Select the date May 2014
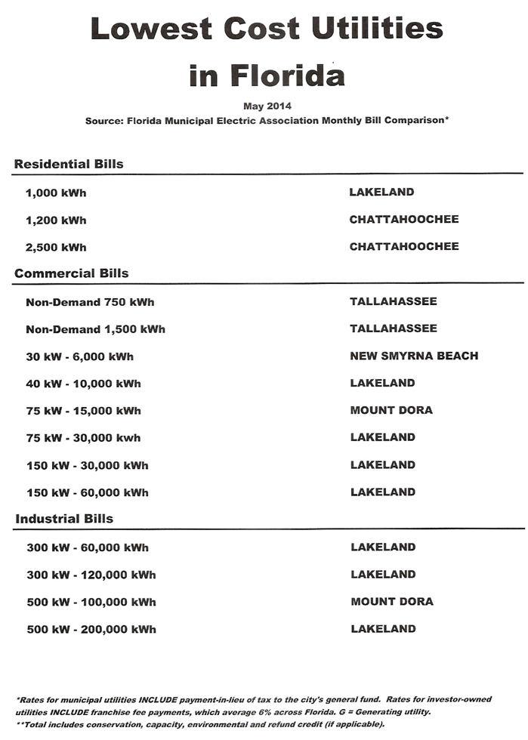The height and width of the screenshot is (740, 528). coord(267,106)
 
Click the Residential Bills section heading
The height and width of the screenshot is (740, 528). coord(69,164)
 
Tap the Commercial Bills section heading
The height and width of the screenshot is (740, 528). coord(72,273)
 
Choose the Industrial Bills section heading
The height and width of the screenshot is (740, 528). coord(64,519)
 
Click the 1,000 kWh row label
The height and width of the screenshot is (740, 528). coord(56,193)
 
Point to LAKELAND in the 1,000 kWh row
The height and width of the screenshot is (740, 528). coord(381,192)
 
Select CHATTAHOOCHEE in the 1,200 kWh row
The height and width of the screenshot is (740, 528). coord(403,220)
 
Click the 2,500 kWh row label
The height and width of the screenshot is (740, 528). coord(56,247)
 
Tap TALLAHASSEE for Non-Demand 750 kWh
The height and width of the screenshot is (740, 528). coord(393,301)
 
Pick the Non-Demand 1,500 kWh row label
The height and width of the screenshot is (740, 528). coord(95,329)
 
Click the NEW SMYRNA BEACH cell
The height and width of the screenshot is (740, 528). coord(414,356)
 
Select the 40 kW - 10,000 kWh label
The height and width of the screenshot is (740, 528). coord(83,384)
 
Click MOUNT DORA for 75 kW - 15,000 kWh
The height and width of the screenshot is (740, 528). coord(391,410)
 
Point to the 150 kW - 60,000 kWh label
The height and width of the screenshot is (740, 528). coord(87,492)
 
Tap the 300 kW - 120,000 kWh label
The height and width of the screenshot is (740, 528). coord(91,575)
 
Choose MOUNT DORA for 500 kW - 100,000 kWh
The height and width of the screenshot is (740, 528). coord(391,602)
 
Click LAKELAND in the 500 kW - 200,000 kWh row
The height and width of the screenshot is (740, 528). coord(383,628)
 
